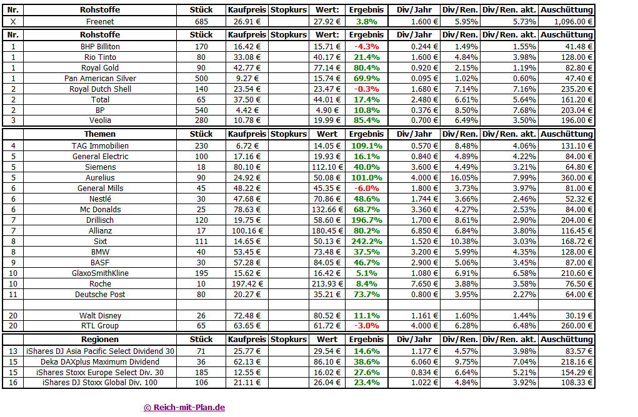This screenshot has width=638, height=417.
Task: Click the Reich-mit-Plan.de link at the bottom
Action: (x=184, y=408)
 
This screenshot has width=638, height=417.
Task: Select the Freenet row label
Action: (x=100, y=21)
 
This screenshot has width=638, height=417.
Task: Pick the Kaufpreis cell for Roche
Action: (x=247, y=283)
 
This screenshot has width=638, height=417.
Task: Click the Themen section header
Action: (x=100, y=134)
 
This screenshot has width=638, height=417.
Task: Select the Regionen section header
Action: (x=100, y=340)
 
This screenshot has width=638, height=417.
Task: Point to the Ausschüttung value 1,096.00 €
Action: (x=567, y=21)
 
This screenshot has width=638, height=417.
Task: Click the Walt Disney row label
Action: (x=100, y=316)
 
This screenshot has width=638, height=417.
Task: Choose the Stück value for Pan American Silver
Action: (x=201, y=79)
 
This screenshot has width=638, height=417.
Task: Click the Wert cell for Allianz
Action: (x=327, y=230)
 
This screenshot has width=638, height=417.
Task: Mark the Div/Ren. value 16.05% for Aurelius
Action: (x=461, y=177)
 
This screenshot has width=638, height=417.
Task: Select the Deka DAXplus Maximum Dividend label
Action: (x=100, y=361)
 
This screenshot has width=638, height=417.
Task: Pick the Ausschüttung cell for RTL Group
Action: (x=567, y=326)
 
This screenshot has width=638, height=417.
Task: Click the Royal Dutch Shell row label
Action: (x=100, y=89)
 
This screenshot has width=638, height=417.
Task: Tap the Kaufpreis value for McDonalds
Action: (x=247, y=209)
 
